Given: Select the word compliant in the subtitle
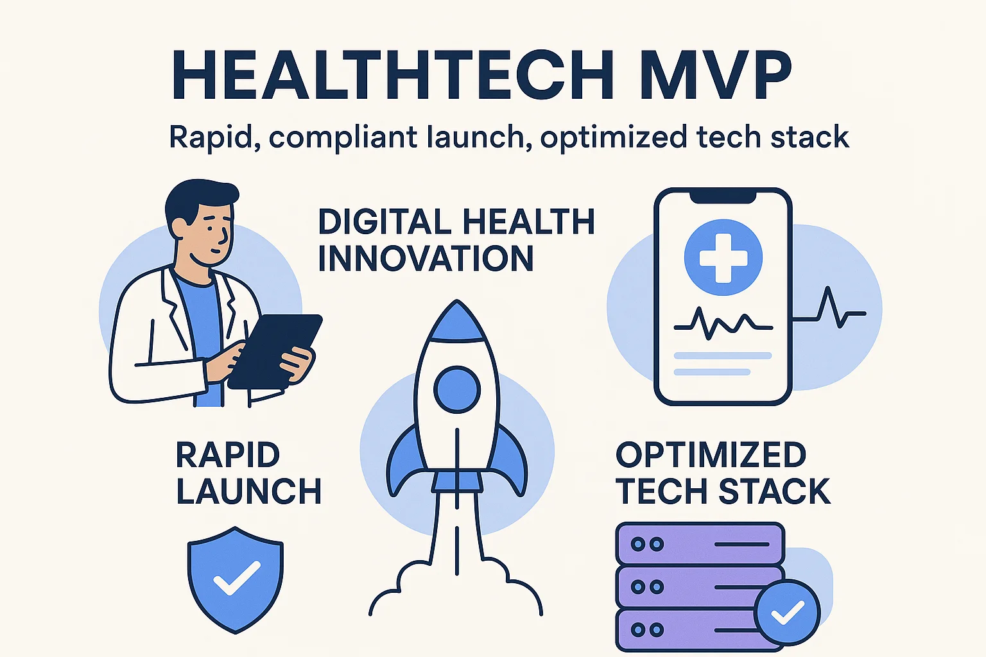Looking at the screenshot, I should click(x=343, y=138).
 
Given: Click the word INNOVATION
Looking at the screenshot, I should click(x=426, y=259).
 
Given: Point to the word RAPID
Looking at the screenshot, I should click(x=228, y=456).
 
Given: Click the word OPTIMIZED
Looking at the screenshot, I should click(x=711, y=456).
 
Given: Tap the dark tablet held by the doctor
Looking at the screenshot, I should click(x=275, y=350).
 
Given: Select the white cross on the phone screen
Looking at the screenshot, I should click(x=723, y=257).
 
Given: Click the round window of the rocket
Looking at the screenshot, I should click(x=456, y=389).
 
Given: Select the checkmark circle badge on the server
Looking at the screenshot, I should click(x=787, y=612).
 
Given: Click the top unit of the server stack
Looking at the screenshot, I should click(x=700, y=544).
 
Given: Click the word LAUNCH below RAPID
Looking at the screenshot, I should click(x=248, y=492).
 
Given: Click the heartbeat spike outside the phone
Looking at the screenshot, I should click(x=832, y=308).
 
